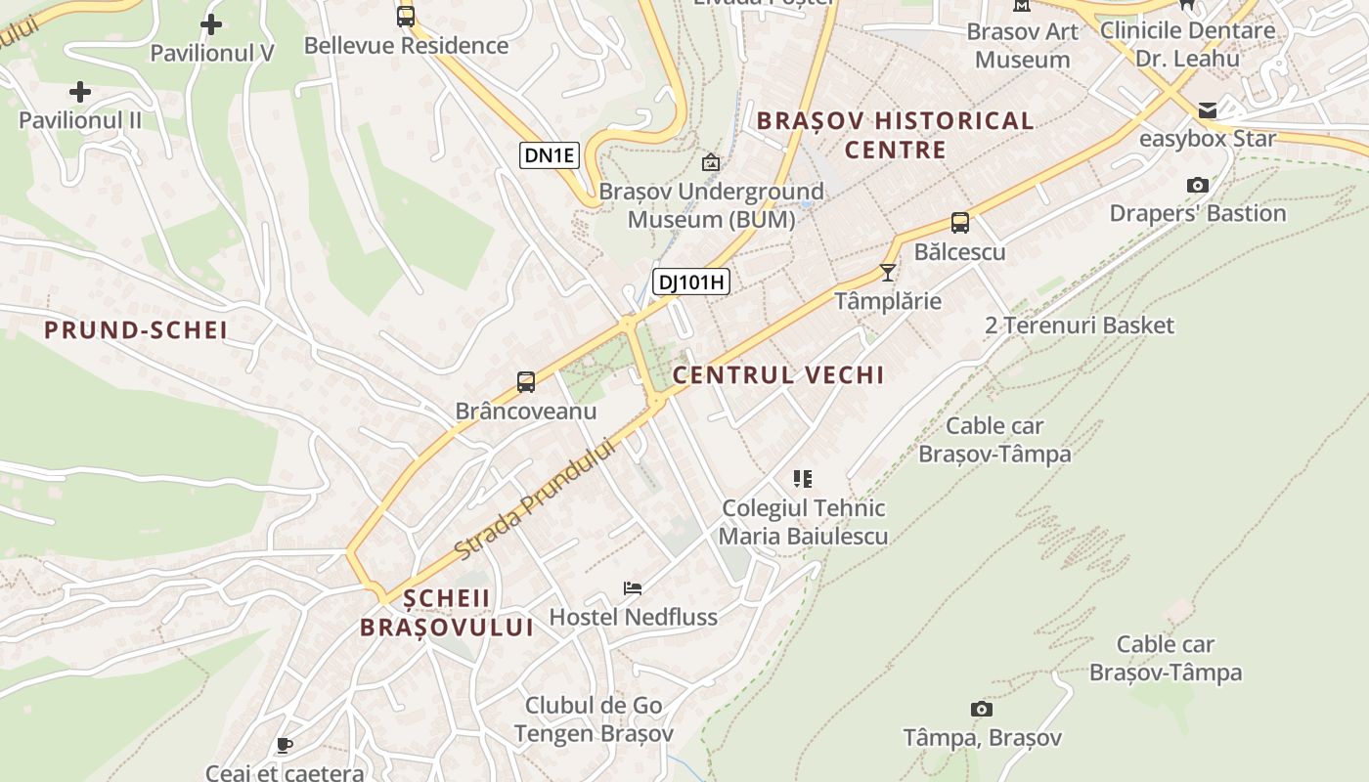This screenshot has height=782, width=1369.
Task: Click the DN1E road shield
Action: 550,154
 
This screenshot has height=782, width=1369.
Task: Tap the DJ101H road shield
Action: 691,282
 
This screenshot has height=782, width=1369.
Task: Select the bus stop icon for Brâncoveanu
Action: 526,382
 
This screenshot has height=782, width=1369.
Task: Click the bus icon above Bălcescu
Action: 960,223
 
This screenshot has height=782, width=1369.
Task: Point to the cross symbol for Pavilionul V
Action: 211,24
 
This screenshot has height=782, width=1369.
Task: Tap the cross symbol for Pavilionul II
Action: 80,93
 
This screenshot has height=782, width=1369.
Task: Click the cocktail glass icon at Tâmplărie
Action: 888,272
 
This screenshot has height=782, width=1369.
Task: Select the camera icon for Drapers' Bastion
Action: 1197,185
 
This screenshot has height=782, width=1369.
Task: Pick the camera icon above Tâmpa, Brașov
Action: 982,709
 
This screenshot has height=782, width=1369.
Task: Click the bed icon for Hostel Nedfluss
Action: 633,588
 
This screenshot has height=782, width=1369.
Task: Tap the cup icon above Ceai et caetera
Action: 285,746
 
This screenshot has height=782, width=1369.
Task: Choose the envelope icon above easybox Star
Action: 1208,109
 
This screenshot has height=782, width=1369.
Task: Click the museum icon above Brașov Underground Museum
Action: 711,162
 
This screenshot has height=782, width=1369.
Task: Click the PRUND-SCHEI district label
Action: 136,330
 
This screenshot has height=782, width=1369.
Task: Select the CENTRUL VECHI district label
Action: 778,375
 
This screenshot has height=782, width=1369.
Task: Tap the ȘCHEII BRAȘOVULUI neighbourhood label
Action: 447,613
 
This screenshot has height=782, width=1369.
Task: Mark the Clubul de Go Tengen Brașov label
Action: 594,719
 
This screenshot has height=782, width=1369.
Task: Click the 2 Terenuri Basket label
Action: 1079,326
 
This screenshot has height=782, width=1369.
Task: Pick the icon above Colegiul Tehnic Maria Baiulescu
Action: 803,479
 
